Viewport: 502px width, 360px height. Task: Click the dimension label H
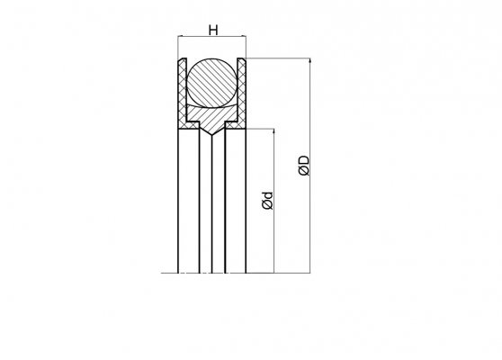(213, 31)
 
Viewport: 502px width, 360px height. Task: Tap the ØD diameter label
(304, 166)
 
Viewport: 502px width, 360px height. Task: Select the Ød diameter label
(267, 201)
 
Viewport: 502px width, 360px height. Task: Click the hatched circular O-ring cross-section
(212, 83)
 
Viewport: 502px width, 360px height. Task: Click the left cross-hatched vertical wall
(183, 93)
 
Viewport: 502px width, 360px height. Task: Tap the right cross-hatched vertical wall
(242, 93)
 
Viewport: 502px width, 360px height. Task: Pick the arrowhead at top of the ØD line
(309, 60)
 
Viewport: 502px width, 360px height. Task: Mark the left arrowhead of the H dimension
(180, 36)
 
